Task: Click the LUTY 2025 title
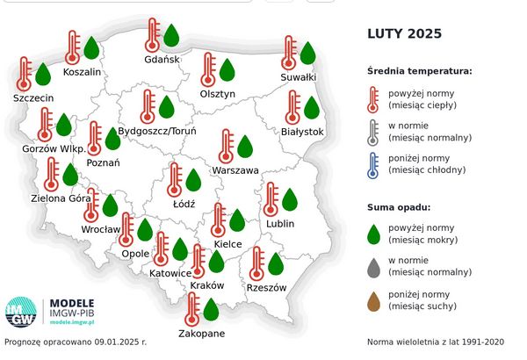[x=404, y=34]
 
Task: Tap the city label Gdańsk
[x=162, y=60]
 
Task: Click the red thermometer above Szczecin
[x=24, y=74]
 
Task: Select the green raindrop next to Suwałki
[x=307, y=53]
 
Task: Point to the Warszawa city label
[x=235, y=169]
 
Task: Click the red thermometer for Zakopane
[x=191, y=310]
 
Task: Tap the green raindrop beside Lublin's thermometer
[x=289, y=199]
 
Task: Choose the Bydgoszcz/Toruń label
[x=156, y=131]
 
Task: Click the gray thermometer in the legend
[x=373, y=131]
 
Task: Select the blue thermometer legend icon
[x=373, y=164]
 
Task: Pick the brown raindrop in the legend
[x=373, y=301]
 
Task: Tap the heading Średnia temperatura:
[x=420, y=70]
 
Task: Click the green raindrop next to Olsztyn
[x=227, y=69]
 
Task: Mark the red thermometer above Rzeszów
[x=256, y=263]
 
